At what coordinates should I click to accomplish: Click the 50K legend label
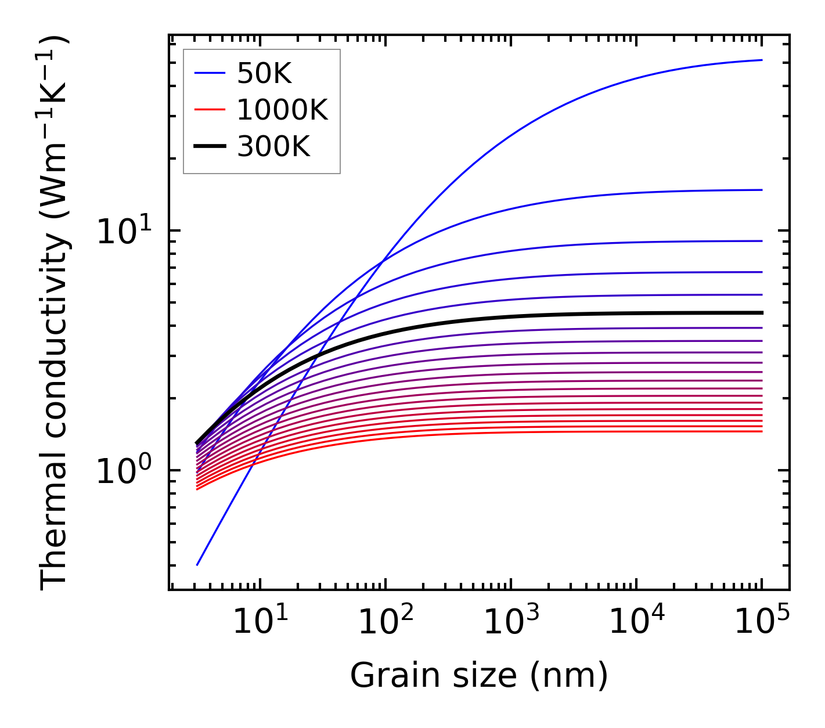click(264, 74)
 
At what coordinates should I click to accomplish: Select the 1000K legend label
click(282, 110)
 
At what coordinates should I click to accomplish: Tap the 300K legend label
click(273, 147)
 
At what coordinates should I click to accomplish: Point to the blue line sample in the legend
click(210, 73)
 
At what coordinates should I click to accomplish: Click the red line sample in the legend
click(210, 110)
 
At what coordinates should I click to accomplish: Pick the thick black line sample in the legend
click(210, 147)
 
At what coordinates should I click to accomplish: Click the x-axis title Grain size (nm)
click(479, 676)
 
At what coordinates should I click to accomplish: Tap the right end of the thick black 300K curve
click(761, 313)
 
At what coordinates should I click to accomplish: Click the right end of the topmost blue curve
click(761, 60)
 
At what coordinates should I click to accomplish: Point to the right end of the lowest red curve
click(761, 431)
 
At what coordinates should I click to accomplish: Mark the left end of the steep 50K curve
click(197, 564)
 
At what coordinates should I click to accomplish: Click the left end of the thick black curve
click(197, 443)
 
